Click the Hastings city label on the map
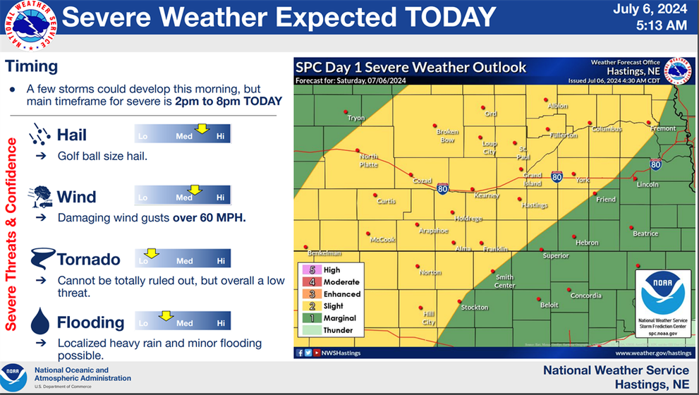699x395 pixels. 534,205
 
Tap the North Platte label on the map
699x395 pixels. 368,161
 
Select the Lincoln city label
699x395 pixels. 648,184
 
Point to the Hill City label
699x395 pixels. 429,319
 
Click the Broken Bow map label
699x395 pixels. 447,136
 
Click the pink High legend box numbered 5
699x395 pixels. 311,270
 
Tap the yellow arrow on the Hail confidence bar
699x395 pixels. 202,128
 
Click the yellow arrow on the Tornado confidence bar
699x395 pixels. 152,253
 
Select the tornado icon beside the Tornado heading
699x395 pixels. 42,260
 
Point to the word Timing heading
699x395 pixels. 31,67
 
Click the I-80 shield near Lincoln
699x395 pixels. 655,164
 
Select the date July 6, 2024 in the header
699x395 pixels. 650,10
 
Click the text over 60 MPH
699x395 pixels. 209,218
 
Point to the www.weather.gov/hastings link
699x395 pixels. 652,353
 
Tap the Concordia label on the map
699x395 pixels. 585,296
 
